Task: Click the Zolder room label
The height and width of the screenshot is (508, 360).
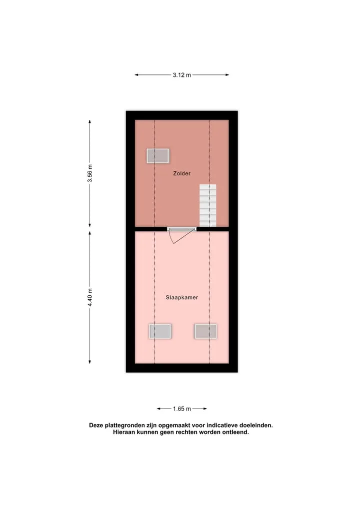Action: click(x=181, y=173)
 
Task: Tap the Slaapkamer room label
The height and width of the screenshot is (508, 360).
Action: click(x=181, y=297)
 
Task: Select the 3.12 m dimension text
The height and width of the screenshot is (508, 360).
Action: click(x=181, y=75)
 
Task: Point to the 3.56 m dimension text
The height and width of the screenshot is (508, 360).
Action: click(x=90, y=173)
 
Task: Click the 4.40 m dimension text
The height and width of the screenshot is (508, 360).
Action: click(x=90, y=297)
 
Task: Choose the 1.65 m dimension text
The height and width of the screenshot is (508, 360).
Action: click(x=181, y=409)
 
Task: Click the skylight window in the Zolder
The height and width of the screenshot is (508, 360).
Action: click(x=157, y=156)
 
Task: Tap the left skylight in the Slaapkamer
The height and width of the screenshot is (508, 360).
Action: click(x=160, y=331)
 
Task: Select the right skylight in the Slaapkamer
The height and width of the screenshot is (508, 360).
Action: click(x=205, y=331)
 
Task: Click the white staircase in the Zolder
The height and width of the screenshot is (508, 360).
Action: click(x=208, y=205)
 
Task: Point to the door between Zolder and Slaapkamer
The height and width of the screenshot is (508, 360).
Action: click(x=181, y=229)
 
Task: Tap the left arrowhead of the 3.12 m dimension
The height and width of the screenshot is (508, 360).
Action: click(x=136, y=75)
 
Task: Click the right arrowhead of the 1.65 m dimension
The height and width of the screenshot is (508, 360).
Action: click(x=205, y=409)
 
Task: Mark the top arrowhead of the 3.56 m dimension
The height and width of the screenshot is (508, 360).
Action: click(x=90, y=122)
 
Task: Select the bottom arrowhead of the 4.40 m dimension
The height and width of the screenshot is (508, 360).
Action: click(x=90, y=362)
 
